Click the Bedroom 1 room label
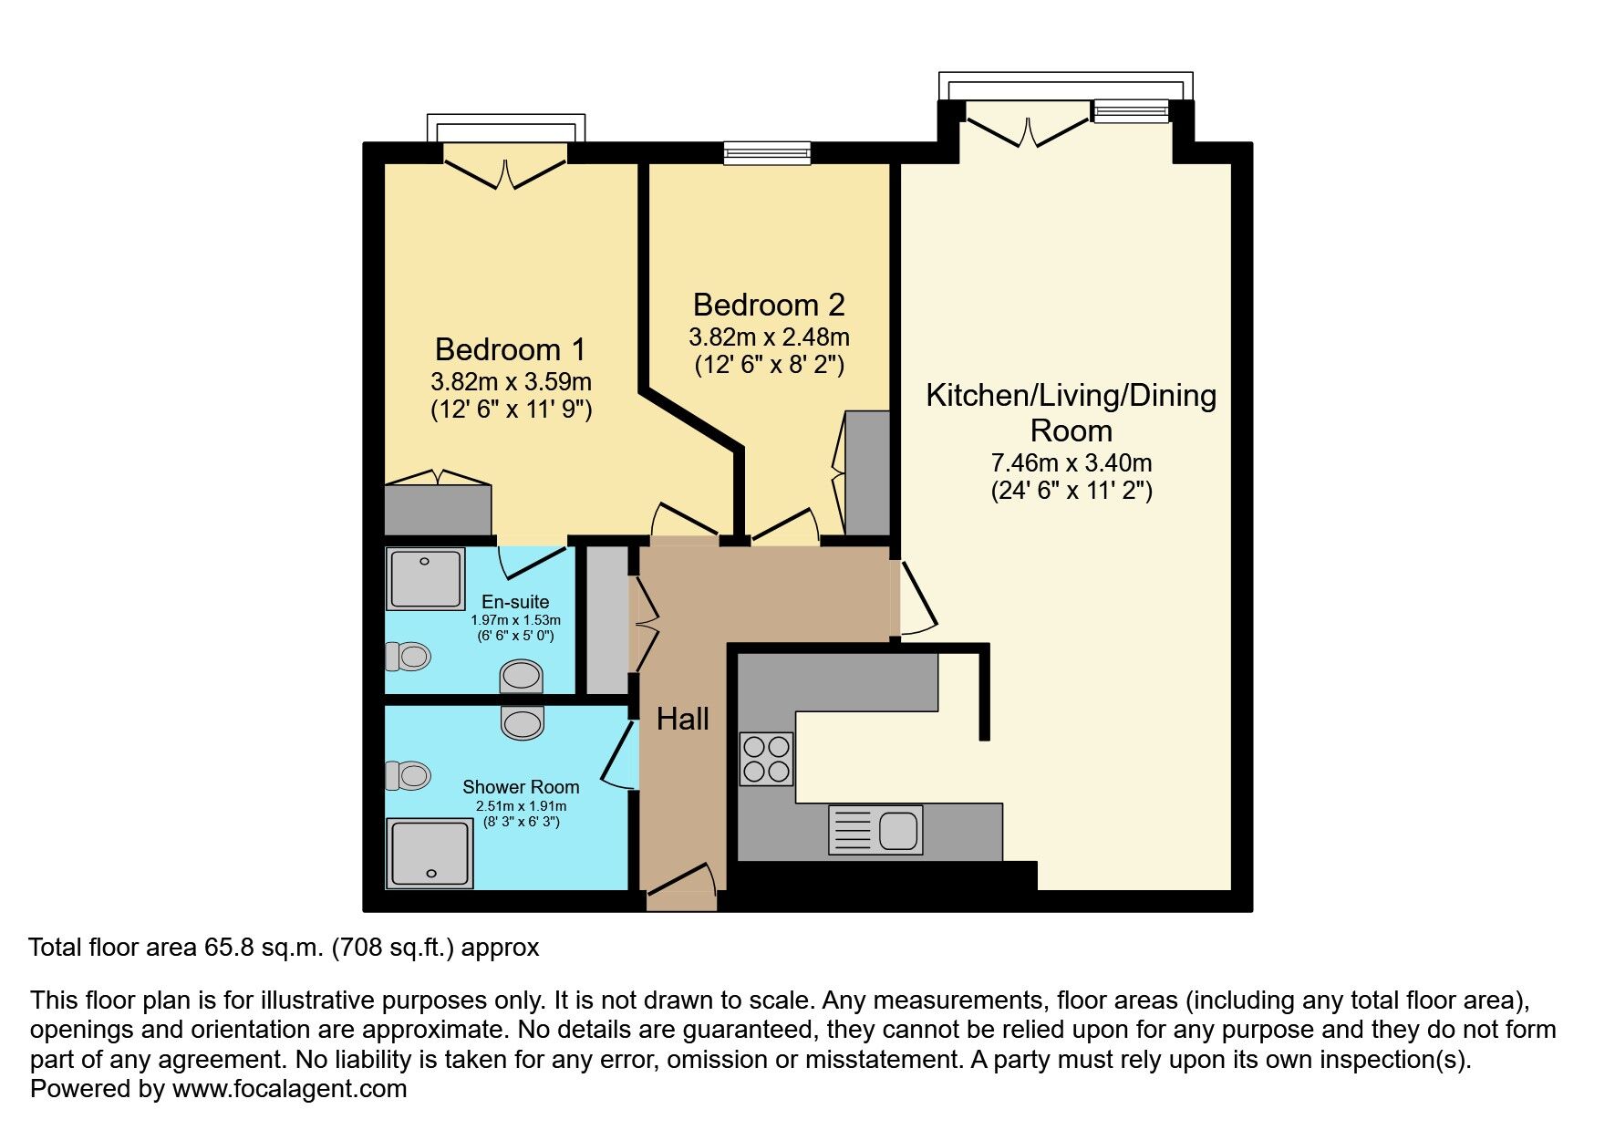(511, 349)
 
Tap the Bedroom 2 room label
(769, 305)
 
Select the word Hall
(683, 720)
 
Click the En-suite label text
(515, 602)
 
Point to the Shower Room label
(521, 787)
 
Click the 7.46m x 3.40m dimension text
(1071, 462)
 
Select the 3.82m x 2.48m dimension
(769, 337)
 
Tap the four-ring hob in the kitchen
(766, 759)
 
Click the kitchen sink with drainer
(875, 830)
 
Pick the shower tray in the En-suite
(426, 578)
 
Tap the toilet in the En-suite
(408, 656)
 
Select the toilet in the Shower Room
(408, 775)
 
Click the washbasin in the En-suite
(522, 677)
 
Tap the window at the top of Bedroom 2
(767, 153)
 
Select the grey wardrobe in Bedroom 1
(438, 510)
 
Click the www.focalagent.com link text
(289, 1089)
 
